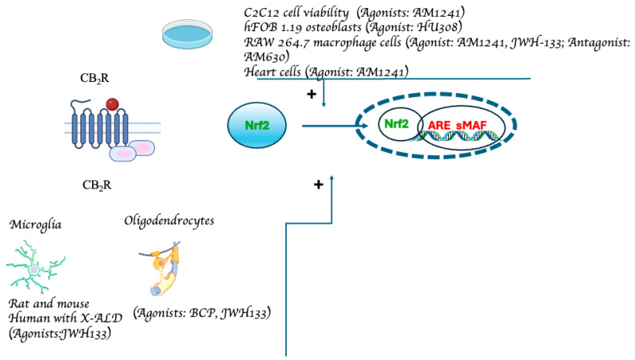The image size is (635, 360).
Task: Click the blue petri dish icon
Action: pyautogui.click(x=192, y=32)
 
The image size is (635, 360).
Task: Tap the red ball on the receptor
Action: pyautogui.click(x=114, y=104)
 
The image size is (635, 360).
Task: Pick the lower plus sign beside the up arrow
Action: pyautogui.click(x=318, y=184)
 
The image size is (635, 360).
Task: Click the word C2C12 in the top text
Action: pyautogui.click(x=265, y=13)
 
